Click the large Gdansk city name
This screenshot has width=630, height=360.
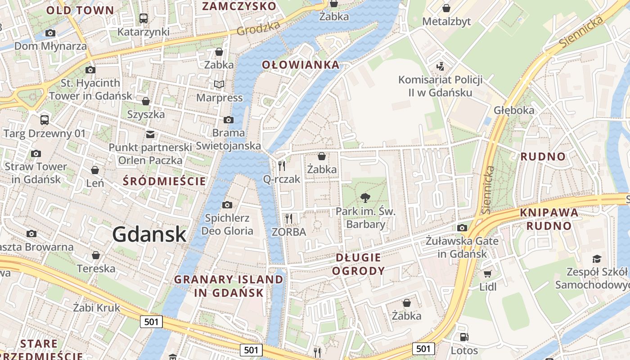(149, 234)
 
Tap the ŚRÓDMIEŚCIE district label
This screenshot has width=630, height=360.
(164, 181)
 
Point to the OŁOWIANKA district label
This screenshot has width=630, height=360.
(301, 65)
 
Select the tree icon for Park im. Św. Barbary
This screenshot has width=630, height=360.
(365, 197)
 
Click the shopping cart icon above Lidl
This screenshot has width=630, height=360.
(487, 274)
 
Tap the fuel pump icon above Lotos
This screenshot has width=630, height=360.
(464, 337)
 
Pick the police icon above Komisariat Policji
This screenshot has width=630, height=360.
(440, 67)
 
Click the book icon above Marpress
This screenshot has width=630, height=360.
(219, 84)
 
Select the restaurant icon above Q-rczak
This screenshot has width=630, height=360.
(282, 166)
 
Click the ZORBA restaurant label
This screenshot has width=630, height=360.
(289, 232)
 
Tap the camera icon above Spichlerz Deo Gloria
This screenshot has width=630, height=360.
(227, 205)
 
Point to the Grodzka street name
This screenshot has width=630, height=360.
(258, 28)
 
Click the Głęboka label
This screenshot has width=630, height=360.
(514, 110)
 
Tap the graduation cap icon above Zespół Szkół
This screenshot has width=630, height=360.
(597, 259)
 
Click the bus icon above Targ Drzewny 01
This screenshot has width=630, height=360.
(44, 120)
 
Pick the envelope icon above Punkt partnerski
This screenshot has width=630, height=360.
(150, 134)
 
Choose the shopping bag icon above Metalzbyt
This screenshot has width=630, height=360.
(446, 8)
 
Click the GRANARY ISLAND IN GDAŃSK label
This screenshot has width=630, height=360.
(229, 286)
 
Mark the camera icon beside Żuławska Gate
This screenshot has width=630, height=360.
(462, 228)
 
